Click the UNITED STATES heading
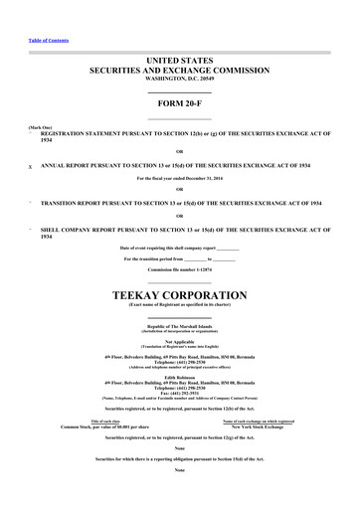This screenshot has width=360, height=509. [x=180, y=62]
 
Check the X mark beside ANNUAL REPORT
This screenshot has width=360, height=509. [x=30, y=168]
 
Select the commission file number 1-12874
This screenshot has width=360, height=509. [x=204, y=268]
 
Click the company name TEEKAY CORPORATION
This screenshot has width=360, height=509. [x=180, y=296]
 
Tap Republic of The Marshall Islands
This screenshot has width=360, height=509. [x=180, y=325]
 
